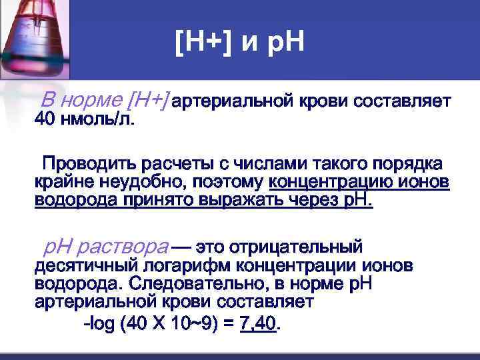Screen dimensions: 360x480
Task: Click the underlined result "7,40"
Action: click(257, 325)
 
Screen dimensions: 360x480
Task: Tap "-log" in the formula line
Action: click(95, 325)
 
